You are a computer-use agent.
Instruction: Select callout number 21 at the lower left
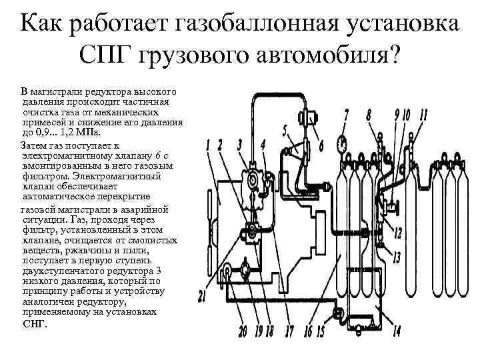click(x=202, y=297)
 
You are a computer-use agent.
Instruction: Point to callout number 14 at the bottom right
click(x=397, y=330)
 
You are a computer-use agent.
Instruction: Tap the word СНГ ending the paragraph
click(x=35, y=323)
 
